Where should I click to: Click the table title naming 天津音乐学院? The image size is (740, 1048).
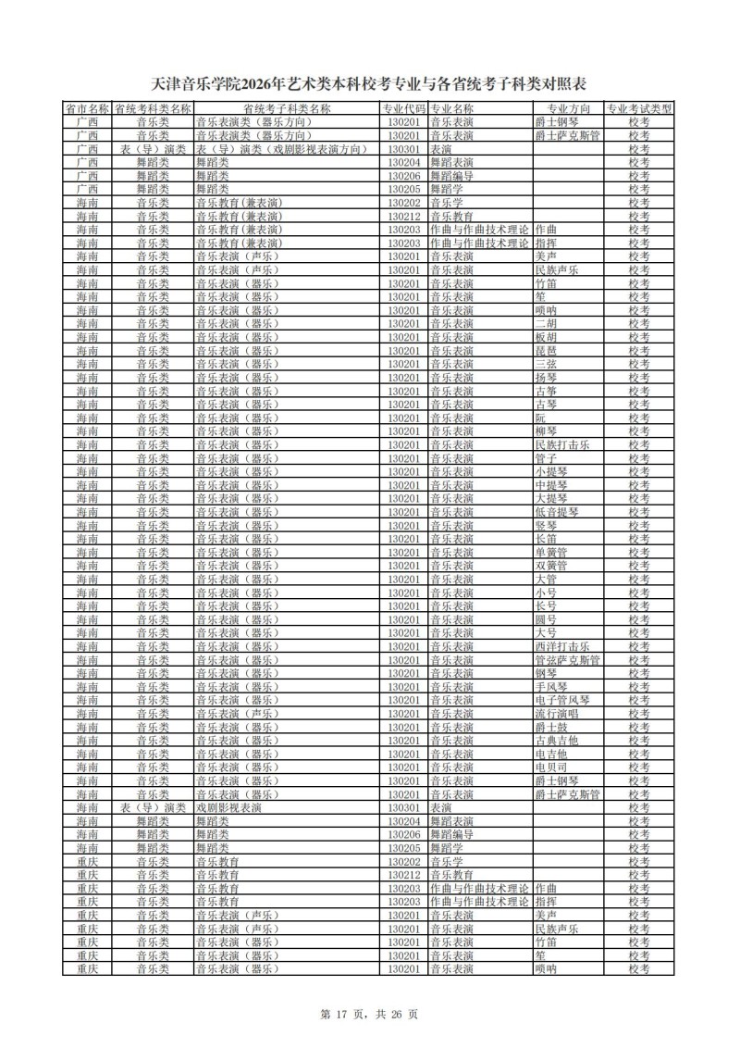(x=369, y=86)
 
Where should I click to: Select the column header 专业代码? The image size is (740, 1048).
(x=404, y=108)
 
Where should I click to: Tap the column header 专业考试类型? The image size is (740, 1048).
(x=639, y=108)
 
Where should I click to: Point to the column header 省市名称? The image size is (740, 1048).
(x=87, y=108)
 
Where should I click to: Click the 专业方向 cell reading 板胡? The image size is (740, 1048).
(x=546, y=337)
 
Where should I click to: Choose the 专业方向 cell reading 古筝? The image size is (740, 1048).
(x=546, y=391)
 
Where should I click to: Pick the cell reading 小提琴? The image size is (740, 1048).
(x=551, y=471)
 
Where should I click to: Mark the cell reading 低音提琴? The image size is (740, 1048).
(x=557, y=512)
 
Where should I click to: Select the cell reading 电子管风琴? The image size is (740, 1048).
(x=562, y=700)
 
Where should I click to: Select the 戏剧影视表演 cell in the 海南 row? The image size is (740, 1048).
(x=228, y=808)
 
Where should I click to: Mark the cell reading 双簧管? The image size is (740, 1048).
(x=551, y=566)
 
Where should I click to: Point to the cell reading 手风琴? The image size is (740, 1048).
(x=551, y=687)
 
